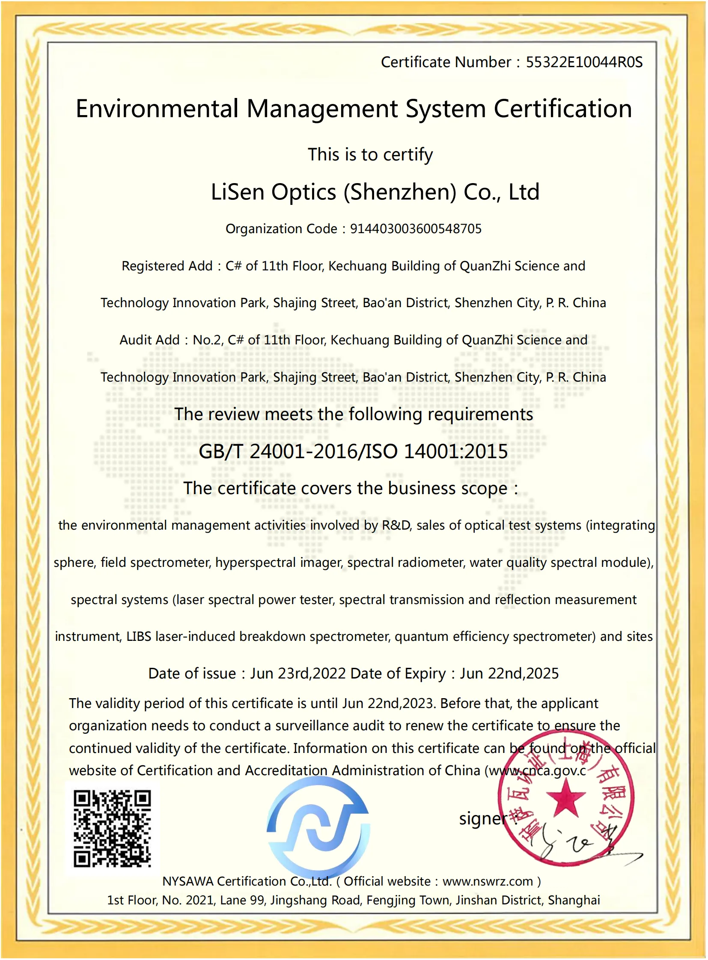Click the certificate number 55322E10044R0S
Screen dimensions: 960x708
(x=584, y=62)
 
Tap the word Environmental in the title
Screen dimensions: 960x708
(x=157, y=109)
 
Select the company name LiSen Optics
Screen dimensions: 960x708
(x=274, y=192)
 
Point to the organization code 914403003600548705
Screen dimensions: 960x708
(x=415, y=229)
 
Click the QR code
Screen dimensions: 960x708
(x=112, y=829)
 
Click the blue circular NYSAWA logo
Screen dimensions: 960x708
(x=318, y=827)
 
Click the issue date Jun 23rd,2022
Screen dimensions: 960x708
(x=298, y=673)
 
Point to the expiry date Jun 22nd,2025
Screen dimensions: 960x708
(x=509, y=673)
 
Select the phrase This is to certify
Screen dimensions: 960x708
(x=370, y=154)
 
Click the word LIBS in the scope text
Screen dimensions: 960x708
(x=138, y=637)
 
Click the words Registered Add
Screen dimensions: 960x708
(x=167, y=266)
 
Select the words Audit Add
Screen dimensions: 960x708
(x=149, y=340)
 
